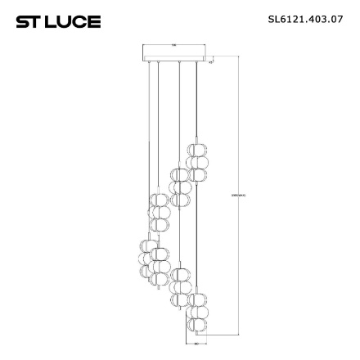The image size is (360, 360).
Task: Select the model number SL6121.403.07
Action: [304, 19]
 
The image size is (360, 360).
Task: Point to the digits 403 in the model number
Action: [311, 19]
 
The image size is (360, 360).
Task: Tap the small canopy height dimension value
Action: [211, 61]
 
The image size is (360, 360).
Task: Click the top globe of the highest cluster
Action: [196, 151]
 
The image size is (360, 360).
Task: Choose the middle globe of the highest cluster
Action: [196, 162]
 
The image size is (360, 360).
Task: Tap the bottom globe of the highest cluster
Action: [196, 174]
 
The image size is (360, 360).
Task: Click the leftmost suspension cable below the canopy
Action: [151, 123]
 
